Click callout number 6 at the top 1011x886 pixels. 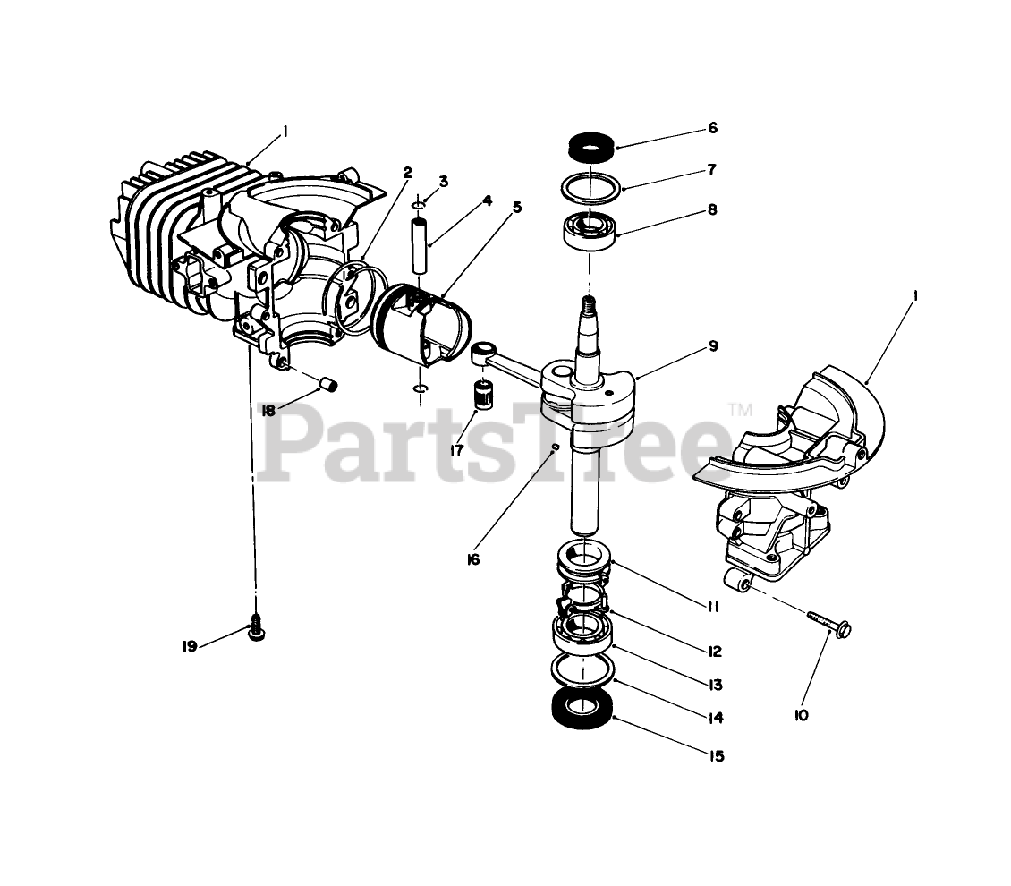[712, 128]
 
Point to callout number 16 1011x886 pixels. [472, 559]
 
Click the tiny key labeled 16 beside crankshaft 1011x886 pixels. [556, 445]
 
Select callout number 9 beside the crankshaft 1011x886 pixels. [713, 345]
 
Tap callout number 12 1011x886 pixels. [713, 652]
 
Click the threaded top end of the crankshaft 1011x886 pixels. [588, 304]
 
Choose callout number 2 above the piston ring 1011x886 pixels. [408, 173]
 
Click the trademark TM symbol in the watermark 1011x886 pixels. [741, 410]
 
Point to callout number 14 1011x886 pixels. [713, 718]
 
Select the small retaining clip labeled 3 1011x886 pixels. [418, 205]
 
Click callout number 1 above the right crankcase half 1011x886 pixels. [915, 294]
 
